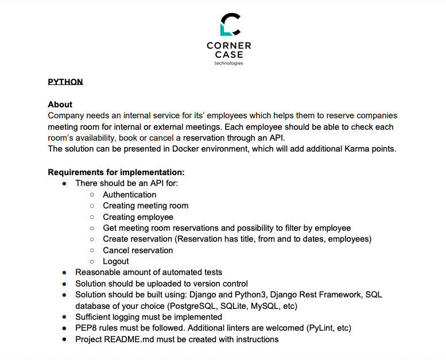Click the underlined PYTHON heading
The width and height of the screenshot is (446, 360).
click(x=65, y=82)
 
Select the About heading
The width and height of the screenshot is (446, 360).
click(x=60, y=104)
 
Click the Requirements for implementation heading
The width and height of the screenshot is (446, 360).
click(x=116, y=172)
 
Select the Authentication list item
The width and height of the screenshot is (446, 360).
click(x=129, y=195)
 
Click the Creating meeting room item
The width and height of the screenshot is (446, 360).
click(x=145, y=206)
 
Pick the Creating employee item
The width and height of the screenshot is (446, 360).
click(x=138, y=217)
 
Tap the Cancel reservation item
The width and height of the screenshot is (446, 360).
click(x=138, y=250)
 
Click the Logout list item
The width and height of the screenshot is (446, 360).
click(x=116, y=261)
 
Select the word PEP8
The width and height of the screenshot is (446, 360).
click(x=86, y=328)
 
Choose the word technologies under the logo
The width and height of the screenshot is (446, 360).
click(x=228, y=63)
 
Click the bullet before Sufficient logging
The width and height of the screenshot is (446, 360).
click(x=64, y=318)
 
